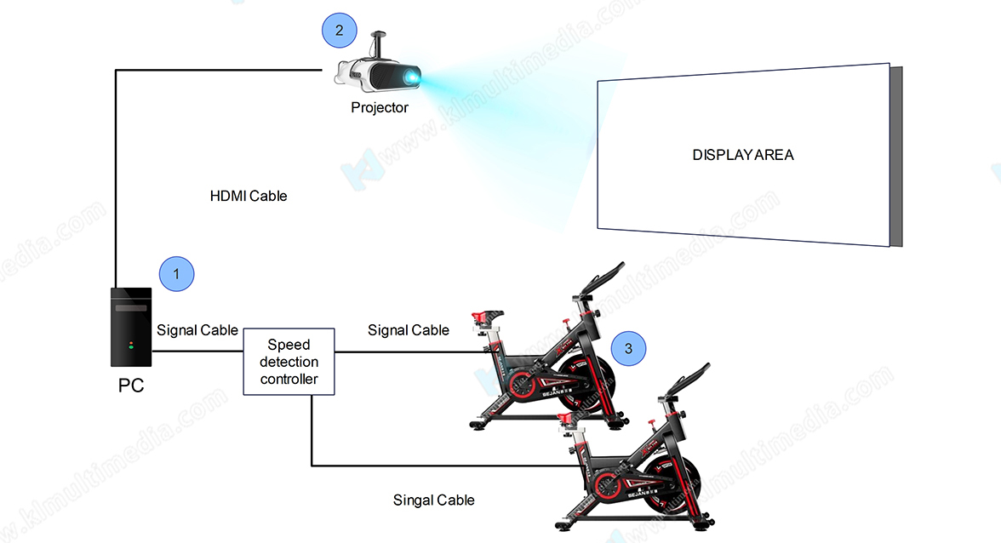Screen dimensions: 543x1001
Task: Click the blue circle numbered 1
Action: click(177, 274)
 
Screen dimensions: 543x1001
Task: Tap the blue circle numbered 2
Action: click(340, 31)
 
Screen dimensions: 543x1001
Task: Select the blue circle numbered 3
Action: click(628, 347)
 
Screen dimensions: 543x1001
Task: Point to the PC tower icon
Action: click(131, 328)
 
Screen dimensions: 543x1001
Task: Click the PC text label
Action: click(131, 386)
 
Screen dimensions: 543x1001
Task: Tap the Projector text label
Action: click(380, 108)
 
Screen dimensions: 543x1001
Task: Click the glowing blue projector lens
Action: click(412, 78)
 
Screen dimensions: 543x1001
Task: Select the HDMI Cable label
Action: click(249, 196)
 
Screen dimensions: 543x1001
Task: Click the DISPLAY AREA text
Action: click(742, 155)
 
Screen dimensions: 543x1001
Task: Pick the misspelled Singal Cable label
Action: click(433, 500)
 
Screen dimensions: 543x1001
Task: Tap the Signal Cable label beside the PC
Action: click(197, 330)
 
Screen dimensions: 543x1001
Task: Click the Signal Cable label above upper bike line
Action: click(409, 330)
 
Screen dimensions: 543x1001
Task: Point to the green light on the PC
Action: click(131, 346)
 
